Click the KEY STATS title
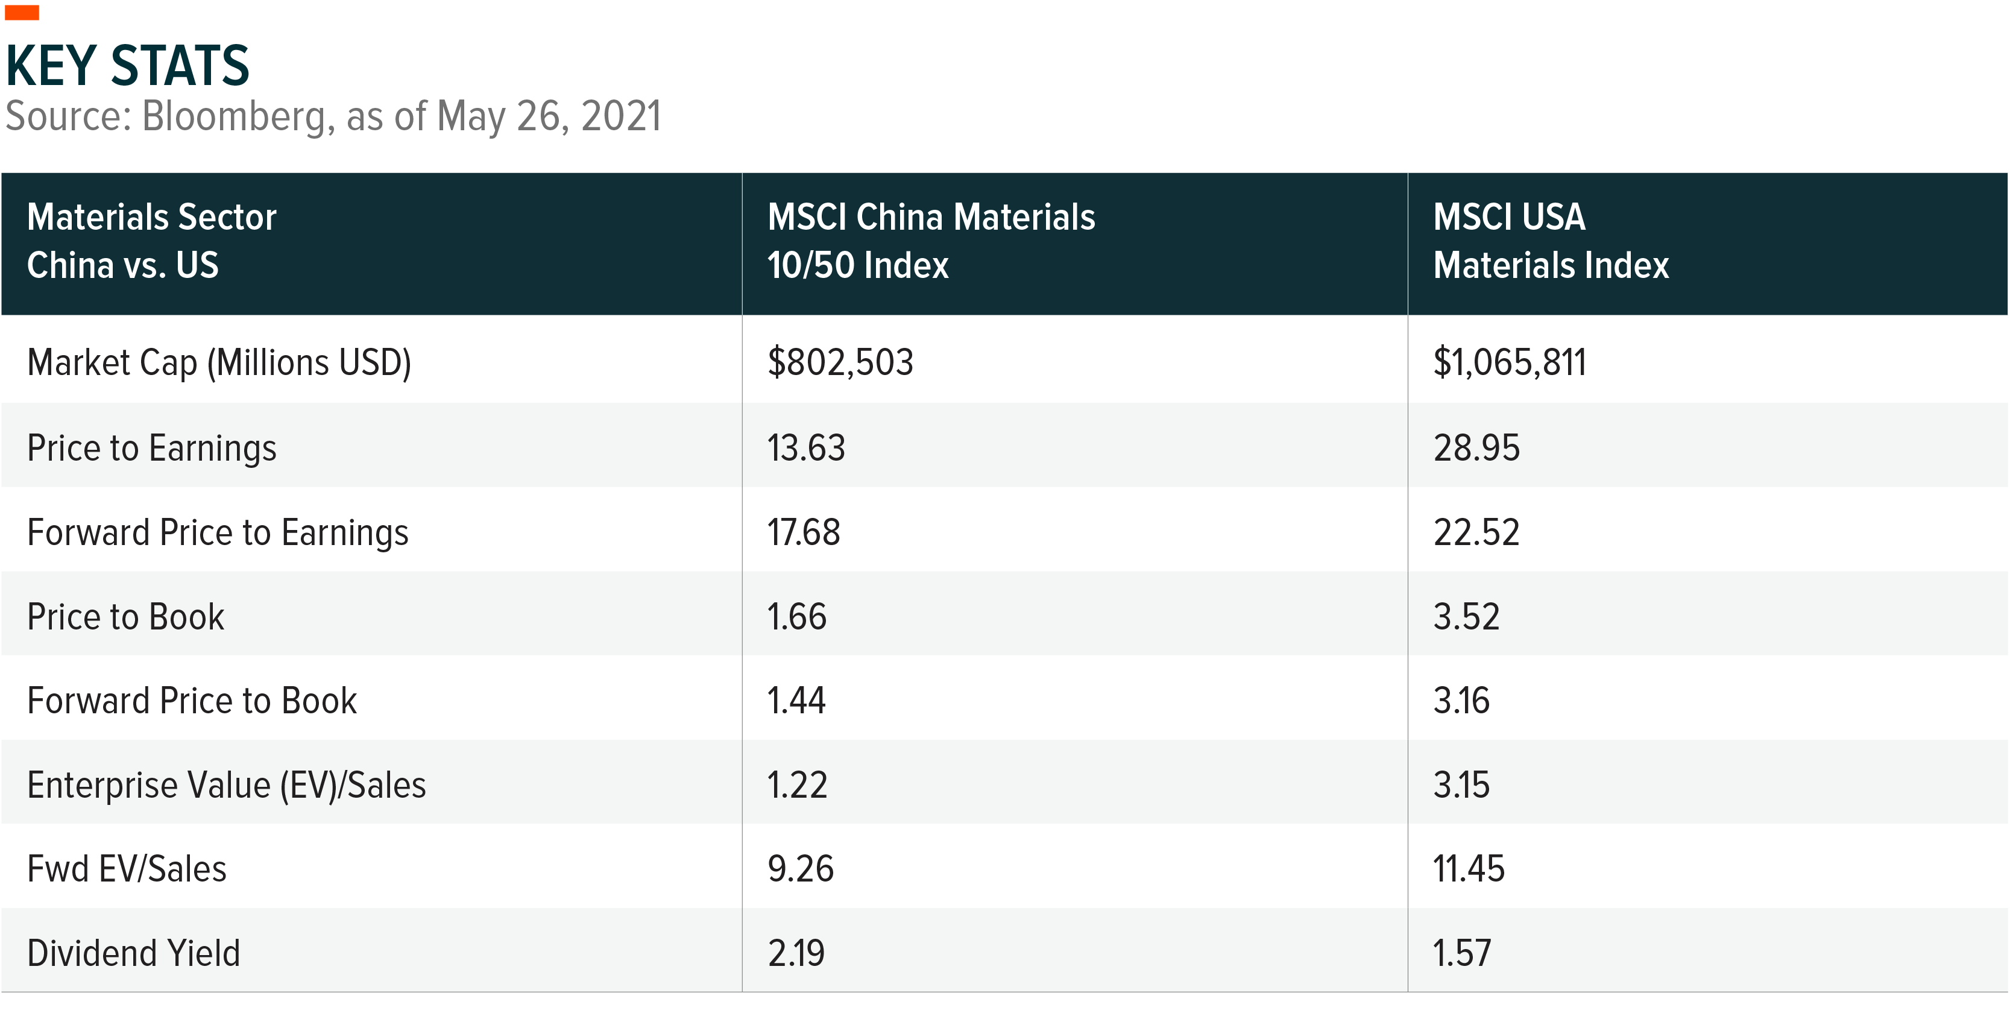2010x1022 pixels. pos(127,66)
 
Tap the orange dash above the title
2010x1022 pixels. pos(22,13)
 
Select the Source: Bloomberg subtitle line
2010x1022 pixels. pos(333,116)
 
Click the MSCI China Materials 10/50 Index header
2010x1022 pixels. pos(931,241)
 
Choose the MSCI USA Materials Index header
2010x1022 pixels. pos(1551,241)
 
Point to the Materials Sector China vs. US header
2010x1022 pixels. pos(151,241)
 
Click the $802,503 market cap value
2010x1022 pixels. pos(840,362)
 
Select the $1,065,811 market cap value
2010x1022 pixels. pos(1510,362)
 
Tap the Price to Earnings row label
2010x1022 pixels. pos(151,448)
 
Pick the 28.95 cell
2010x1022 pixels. pos(1476,448)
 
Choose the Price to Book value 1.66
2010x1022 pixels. pos(796,617)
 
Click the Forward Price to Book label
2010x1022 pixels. pos(192,701)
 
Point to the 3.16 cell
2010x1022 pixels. pos(1461,701)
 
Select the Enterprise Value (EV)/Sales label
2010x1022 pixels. pos(226,785)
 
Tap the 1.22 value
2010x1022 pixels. pos(796,785)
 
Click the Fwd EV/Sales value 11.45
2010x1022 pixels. pos(1469,869)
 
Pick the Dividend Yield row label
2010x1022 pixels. pos(133,953)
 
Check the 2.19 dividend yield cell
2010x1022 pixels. pos(796,953)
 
